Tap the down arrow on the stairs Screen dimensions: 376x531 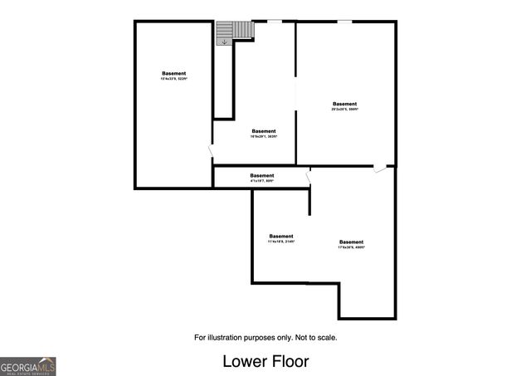click(x=224, y=42)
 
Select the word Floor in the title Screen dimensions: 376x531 click(x=290, y=362)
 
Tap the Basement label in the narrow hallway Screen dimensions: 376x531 click(x=262, y=175)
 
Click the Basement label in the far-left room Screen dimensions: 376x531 click(x=174, y=74)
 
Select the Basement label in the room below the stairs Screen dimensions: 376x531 click(x=264, y=131)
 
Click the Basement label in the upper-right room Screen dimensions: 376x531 click(x=345, y=104)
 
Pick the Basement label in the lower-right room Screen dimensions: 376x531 click(x=351, y=242)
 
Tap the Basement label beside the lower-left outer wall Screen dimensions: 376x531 click(x=281, y=236)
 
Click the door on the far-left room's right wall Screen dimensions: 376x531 click(x=211, y=152)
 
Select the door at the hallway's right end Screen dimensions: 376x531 click(x=309, y=176)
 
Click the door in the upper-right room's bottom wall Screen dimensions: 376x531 click(x=379, y=168)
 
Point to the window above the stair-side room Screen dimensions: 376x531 click(x=273, y=21)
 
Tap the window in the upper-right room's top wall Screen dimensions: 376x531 click(x=343, y=21)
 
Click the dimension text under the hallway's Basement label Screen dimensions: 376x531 click(x=262, y=181)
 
